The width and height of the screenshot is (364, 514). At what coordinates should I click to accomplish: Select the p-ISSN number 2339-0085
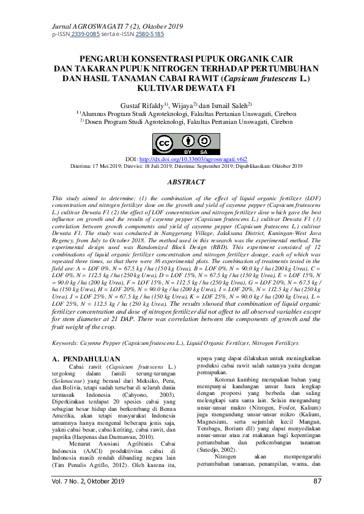coord(85,34)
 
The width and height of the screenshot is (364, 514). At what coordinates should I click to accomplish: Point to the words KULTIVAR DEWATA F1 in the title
coord(182,87)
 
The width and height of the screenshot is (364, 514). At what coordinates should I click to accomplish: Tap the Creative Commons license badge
coord(182,144)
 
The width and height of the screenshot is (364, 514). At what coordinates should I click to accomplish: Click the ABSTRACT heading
coord(182,183)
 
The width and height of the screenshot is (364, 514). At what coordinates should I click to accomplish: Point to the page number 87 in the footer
coord(317,499)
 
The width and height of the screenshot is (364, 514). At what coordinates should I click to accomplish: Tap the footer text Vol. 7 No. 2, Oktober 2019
coord(88,499)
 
